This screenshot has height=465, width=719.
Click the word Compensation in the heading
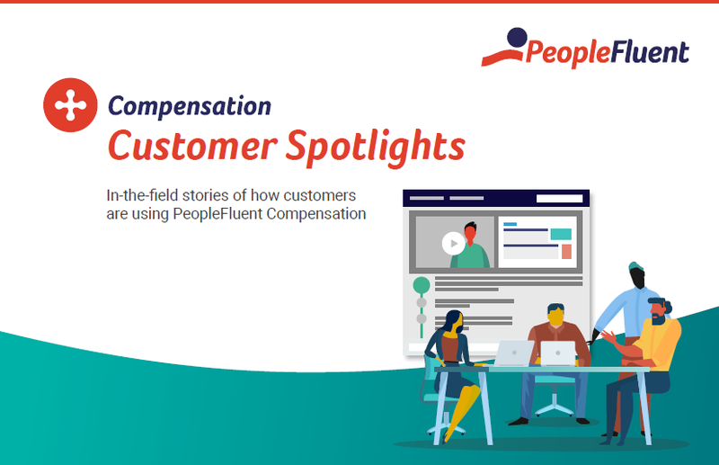point(190,106)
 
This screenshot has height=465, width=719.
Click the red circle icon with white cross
point(69,107)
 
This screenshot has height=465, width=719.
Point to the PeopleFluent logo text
point(608,53)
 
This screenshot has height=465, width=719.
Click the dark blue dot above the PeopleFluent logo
point(515,38)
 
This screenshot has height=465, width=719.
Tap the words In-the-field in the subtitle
point(142,196)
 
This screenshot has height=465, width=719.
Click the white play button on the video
point(452,243)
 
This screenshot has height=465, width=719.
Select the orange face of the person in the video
point(469,233)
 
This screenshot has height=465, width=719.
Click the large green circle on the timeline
point(421,286)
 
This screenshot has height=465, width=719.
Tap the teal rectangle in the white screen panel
point(561,234)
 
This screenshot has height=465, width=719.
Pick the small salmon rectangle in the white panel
point(566,252)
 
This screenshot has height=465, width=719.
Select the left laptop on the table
point(515,353)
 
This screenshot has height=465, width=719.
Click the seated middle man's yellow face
point(556,316)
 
